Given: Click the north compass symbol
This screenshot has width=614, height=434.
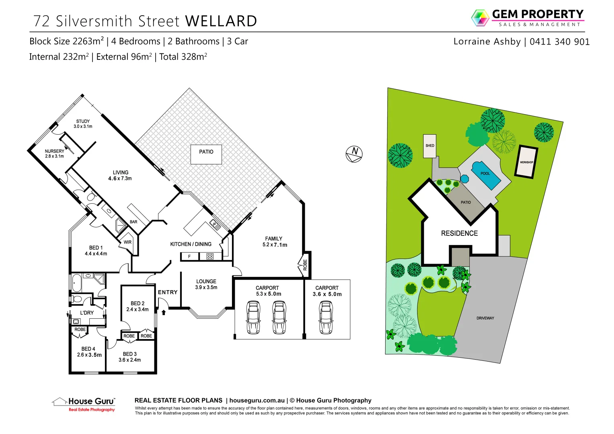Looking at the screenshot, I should click(x=354, y=154).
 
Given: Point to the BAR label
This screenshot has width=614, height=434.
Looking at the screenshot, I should click(x=133, y=222).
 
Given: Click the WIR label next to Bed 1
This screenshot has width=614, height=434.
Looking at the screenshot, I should click(x=127, y=242).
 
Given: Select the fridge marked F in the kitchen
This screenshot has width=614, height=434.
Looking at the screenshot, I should click(x=189, y=256).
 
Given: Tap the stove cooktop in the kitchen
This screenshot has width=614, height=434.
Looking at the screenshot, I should click(x=210, y=256).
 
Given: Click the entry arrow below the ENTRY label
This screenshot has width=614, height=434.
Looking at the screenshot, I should click(x=164, y=312).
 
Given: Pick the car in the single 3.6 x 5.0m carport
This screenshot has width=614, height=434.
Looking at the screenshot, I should click(x=326, y=317).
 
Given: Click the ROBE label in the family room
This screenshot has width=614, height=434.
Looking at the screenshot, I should click(x=305, y=265).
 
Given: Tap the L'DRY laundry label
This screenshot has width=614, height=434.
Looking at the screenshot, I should click(x=87, y=313).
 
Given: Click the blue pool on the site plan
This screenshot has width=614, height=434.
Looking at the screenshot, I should click(x=487, y=175).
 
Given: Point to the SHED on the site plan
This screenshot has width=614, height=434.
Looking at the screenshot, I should click(x=429, y=145).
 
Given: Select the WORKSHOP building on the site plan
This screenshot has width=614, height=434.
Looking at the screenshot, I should click(x=526, y=162).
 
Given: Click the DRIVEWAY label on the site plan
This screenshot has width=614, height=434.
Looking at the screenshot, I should click(x=485, y=318).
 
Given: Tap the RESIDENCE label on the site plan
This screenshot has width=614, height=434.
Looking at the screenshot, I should click(x=459, y=233).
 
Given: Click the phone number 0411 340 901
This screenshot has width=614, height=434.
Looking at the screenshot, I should click(x=559, y=42).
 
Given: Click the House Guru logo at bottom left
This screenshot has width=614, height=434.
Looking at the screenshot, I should click(x=84, y=404).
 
